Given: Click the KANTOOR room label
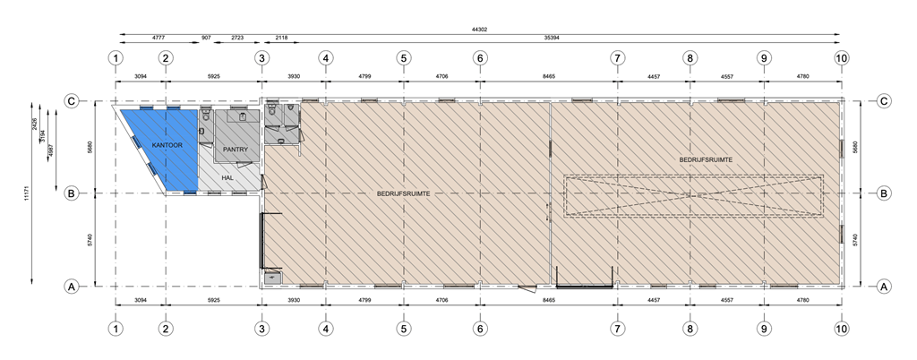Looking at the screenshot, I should point(167,144).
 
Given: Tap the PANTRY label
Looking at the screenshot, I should point(236,150).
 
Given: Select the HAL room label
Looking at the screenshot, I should point(228,178).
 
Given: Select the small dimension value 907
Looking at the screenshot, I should point(207,39).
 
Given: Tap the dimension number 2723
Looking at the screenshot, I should point(238,39).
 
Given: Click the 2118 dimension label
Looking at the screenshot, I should point(281,39).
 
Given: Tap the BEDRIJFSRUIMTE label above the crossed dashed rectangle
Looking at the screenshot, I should point(706,159).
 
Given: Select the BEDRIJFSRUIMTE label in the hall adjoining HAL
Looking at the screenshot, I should point(404,193).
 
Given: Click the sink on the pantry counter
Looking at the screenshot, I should point(240,116).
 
